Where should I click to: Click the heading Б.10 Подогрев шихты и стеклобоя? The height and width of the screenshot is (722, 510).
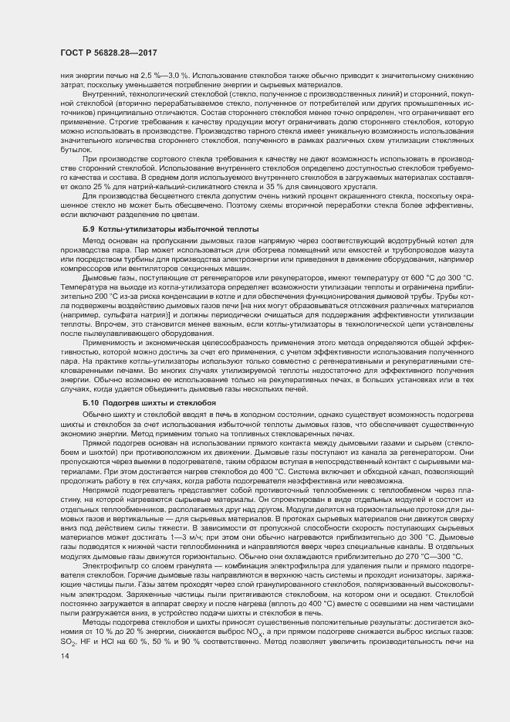coord(149,403)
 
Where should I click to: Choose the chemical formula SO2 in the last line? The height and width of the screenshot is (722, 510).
coord(67,642)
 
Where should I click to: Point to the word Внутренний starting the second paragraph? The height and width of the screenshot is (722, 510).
coord(103,93)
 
